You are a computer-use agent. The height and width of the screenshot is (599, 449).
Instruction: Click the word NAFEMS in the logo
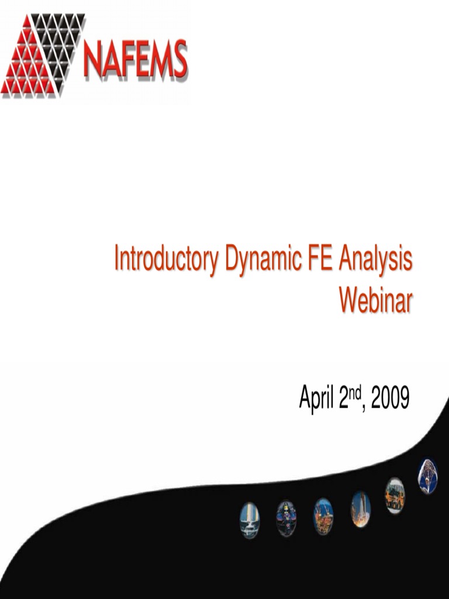pos(136,61)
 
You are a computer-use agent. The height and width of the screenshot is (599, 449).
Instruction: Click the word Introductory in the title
pos(164,260)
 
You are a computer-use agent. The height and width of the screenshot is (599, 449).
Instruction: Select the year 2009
pos(390,398)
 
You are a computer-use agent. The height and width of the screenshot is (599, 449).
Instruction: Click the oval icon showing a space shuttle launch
pos(360,509)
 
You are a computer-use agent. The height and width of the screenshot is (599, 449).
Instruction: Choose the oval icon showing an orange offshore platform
pos(323,516)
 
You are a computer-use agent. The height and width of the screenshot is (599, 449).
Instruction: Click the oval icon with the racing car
pos(286,518)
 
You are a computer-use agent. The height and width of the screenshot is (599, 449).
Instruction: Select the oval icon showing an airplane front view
pos(250,520)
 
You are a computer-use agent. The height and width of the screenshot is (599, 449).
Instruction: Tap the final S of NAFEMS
pos(178,61)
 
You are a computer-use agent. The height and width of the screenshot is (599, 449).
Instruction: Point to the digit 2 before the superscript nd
pos(344,398)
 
